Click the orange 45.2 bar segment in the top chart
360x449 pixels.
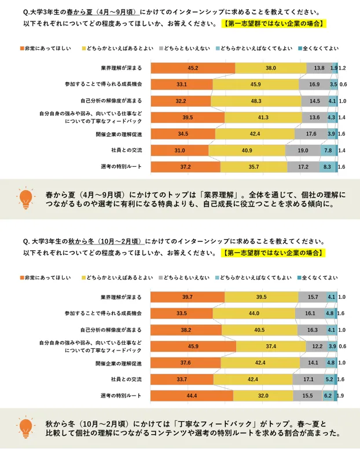193,68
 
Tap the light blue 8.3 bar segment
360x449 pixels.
327,167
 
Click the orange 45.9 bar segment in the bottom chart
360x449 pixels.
193,346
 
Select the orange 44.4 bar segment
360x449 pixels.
192,396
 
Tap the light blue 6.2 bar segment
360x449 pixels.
327,396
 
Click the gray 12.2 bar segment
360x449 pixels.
317,346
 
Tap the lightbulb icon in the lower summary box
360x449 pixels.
25,428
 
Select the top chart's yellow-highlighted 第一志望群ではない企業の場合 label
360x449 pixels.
272,24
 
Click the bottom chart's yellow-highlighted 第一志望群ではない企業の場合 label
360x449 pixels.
272,253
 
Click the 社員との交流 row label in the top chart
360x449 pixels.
127,151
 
